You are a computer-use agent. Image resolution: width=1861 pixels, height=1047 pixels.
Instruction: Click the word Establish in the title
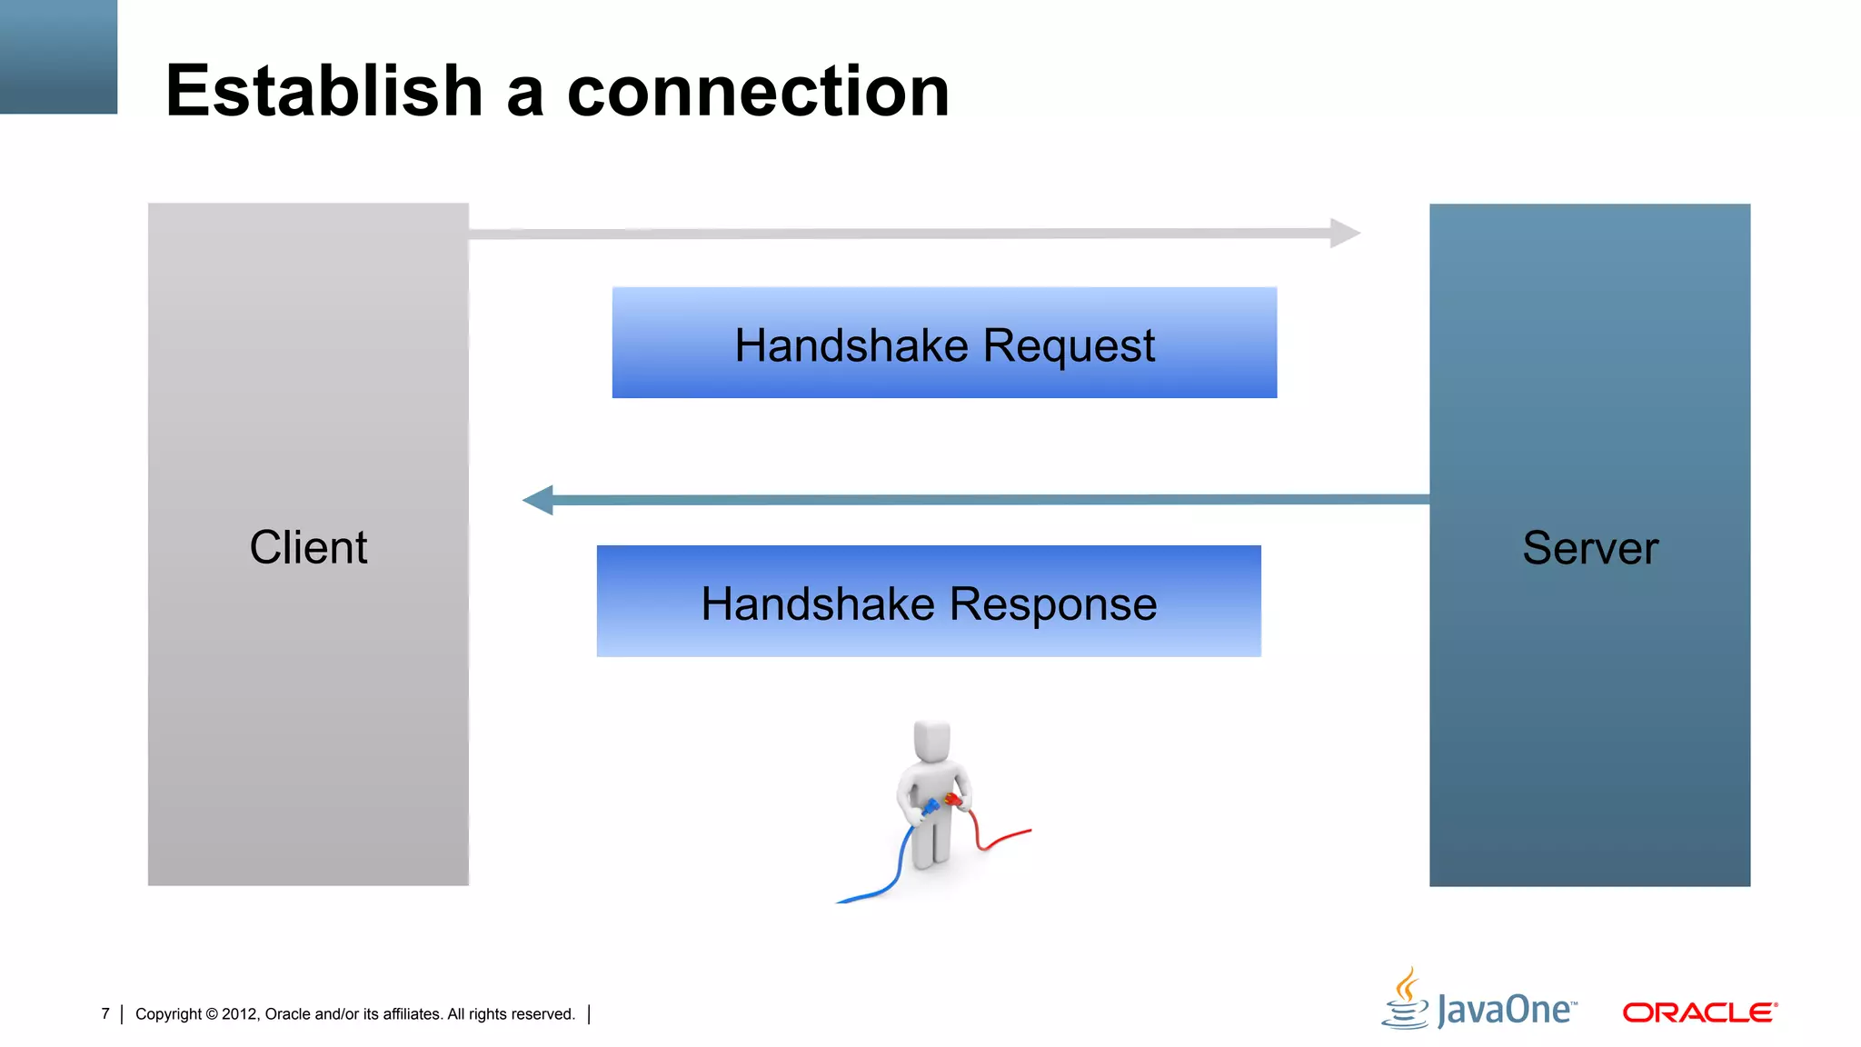point(323,91)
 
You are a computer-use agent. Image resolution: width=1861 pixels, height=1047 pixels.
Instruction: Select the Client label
point(308,547)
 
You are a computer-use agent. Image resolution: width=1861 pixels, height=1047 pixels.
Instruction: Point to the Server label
point(1590,548)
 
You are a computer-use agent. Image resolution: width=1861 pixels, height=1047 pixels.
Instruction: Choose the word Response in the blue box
point(1053,604)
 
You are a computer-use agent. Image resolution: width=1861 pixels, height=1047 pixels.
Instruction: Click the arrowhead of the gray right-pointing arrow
point(1345,233)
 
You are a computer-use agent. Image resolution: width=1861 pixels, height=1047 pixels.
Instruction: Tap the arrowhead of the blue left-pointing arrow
point(539,500)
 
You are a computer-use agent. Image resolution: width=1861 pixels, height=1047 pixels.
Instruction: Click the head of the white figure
point(931,741)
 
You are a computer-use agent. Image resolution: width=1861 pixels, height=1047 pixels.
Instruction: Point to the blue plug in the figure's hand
point(929,807)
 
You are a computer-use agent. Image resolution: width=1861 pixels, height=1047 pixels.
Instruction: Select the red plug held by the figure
point(953,800)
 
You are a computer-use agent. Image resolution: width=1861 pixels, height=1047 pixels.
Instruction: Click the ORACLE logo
point(1699,1012)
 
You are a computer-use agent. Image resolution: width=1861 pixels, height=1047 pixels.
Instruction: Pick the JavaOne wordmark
point(1507,1011)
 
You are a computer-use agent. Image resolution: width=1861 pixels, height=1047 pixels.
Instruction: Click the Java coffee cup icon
point(1406,1000)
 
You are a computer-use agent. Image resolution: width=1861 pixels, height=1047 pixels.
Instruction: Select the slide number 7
point(105,1013)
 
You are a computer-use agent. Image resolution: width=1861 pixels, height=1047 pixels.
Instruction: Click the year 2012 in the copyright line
point(240,1014)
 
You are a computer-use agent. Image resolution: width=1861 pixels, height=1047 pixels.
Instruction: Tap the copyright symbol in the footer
point(212,1014)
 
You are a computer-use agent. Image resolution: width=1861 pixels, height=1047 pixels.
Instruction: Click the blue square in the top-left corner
point(58,56)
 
